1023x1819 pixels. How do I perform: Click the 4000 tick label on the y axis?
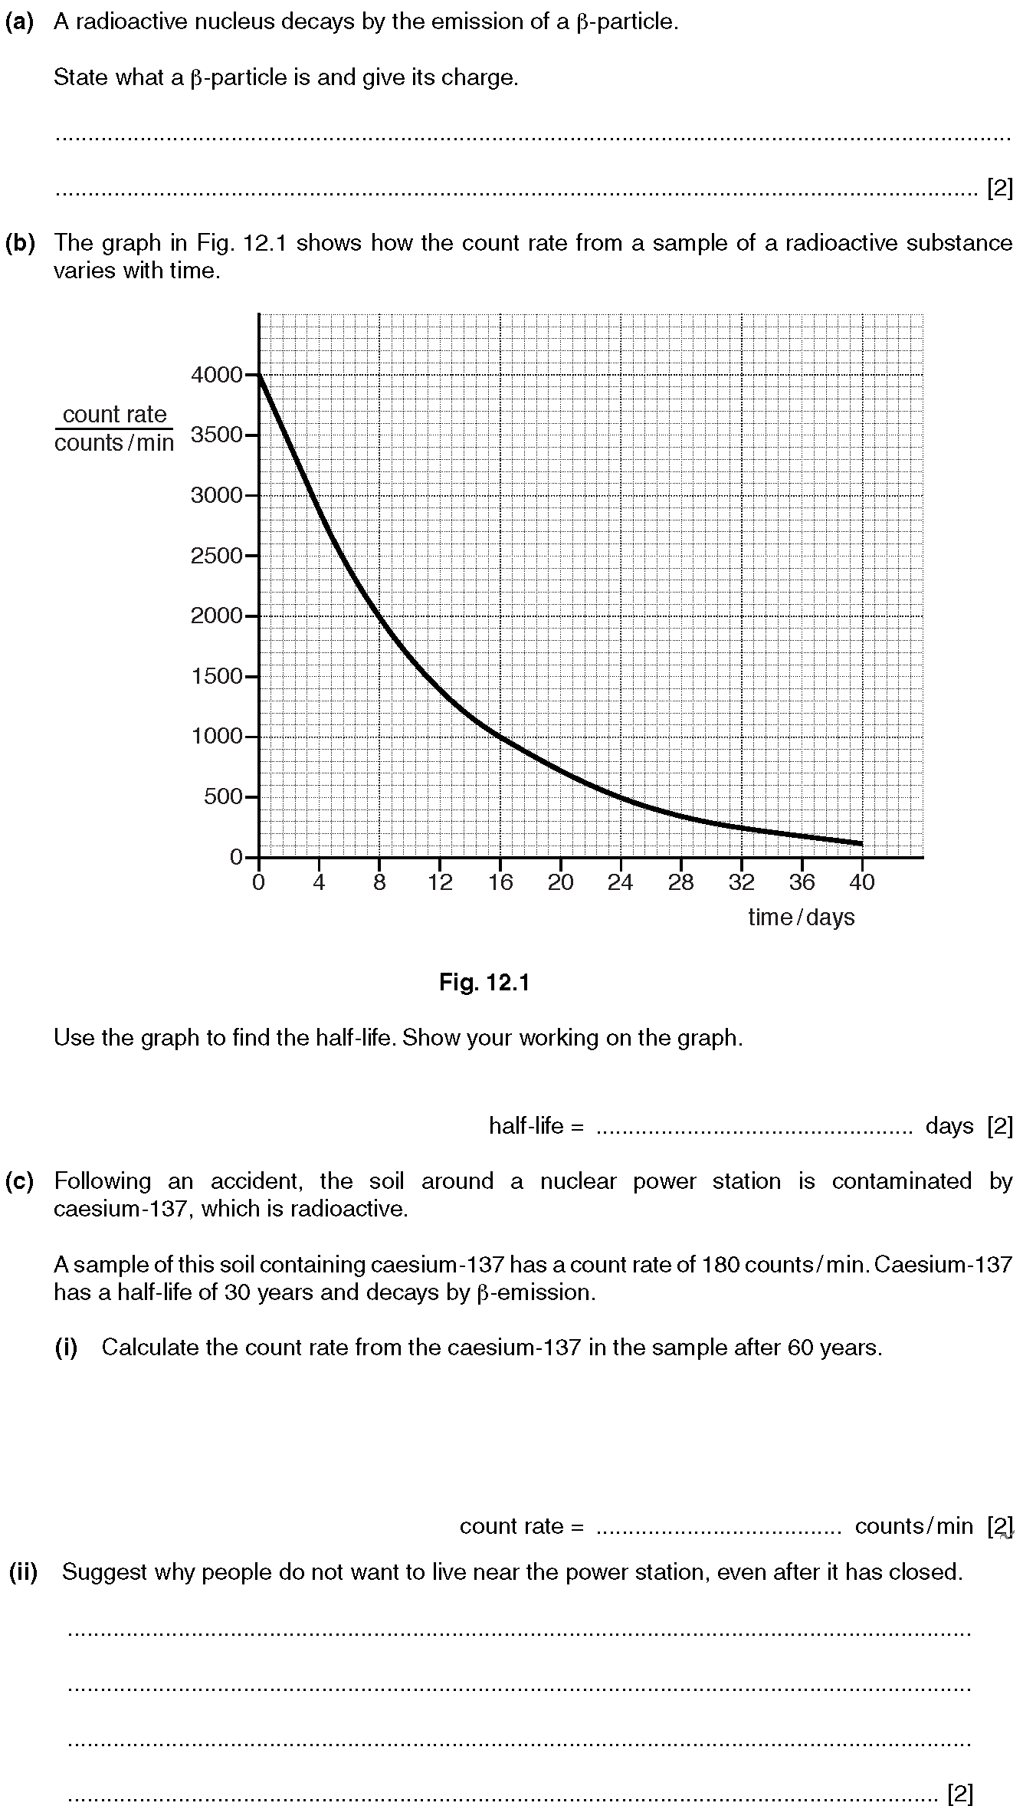pyautogui.click(x=216, y=375)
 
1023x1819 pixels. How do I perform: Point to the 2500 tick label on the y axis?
pyautogui.click(x=216, y=556)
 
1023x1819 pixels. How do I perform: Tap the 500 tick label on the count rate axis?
pyautogui.click(x=223, y=797)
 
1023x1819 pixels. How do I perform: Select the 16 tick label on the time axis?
pyautogui.click(x=500, y=883)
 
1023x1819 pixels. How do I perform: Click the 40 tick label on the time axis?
pyautogui.click(x=862, y=883)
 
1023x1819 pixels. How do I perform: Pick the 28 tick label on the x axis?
pyautogui.click(x=681, y=883)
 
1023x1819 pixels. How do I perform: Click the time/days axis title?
pyautogui.click(x=802, y=918)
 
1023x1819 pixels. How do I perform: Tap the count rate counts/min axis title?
pyautogui.click(x=114, y=428)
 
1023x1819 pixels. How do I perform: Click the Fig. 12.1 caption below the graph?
pyautogui.click(x=484, y=983)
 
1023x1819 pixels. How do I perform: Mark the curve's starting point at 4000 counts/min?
pyautogui.click(x=260, y=376)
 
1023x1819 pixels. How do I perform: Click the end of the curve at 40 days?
pyautogui.click(x=861, y=843)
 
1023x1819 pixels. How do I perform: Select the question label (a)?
pyautogui.click(x=20, y=22)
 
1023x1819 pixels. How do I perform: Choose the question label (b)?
pyautogui.click(x=20, y=243)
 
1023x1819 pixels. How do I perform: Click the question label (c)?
pyautogui.click(x=20, y=1181)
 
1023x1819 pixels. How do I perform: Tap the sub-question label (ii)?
pyautogui.click(x=23, y=1572)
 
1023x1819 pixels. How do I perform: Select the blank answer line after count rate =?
pyautogui.click(x=719, y=1527)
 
